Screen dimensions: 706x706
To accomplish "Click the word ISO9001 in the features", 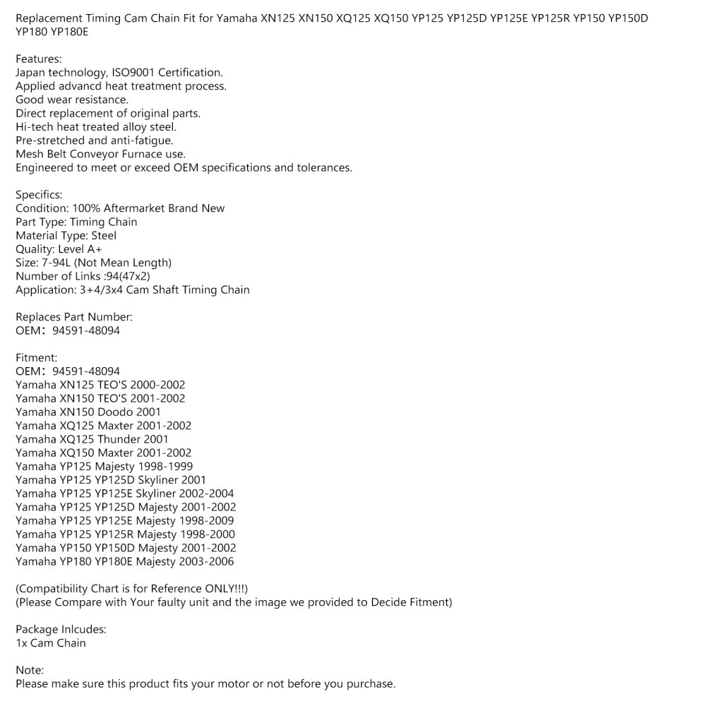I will click(133, 73).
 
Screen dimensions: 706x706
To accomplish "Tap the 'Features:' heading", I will click(38, 59).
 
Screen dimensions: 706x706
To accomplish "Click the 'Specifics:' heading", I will click(39, 195).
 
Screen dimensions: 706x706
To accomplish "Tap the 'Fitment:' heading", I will click(36, 358).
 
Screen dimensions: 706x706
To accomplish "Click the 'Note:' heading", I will click(30, 670).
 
